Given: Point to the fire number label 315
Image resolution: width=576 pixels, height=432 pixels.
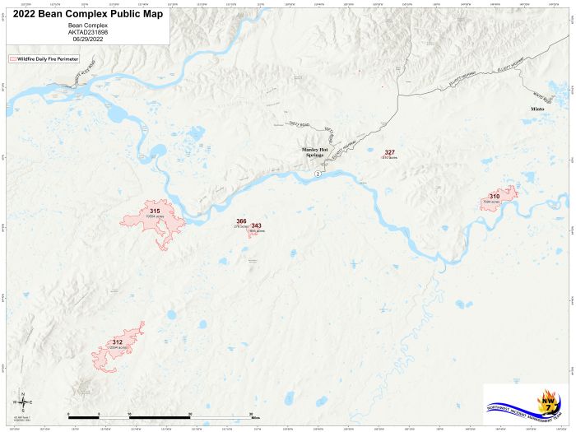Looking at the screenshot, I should point(155,211).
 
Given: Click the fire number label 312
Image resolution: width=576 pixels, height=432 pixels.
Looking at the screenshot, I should point(118,342).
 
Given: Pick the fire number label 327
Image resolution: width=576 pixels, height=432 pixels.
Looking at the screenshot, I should point(390,152).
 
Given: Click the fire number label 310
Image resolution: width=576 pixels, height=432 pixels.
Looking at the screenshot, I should point(494,196).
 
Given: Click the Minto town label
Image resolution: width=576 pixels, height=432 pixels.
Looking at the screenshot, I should point(537,109).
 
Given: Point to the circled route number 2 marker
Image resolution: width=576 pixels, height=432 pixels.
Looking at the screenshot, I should point(318,174).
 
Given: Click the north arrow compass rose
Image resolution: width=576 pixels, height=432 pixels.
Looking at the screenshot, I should point(24,402).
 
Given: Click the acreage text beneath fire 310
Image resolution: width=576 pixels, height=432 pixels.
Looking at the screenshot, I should point(491,202).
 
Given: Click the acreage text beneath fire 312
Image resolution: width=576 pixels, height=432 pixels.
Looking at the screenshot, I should point(118,348).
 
